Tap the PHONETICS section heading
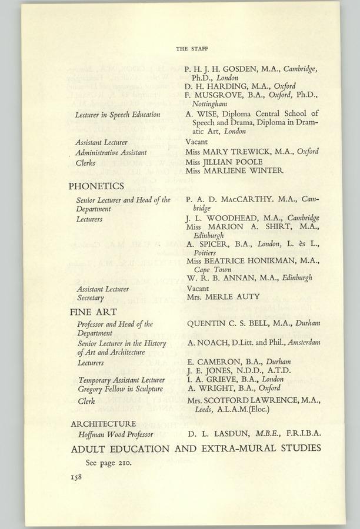tap(96, 186)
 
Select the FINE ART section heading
tap(93, 312)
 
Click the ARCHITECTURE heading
tap(103, 423)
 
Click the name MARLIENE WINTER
tap(244, 170)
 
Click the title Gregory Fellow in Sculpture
tap(116, 390)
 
